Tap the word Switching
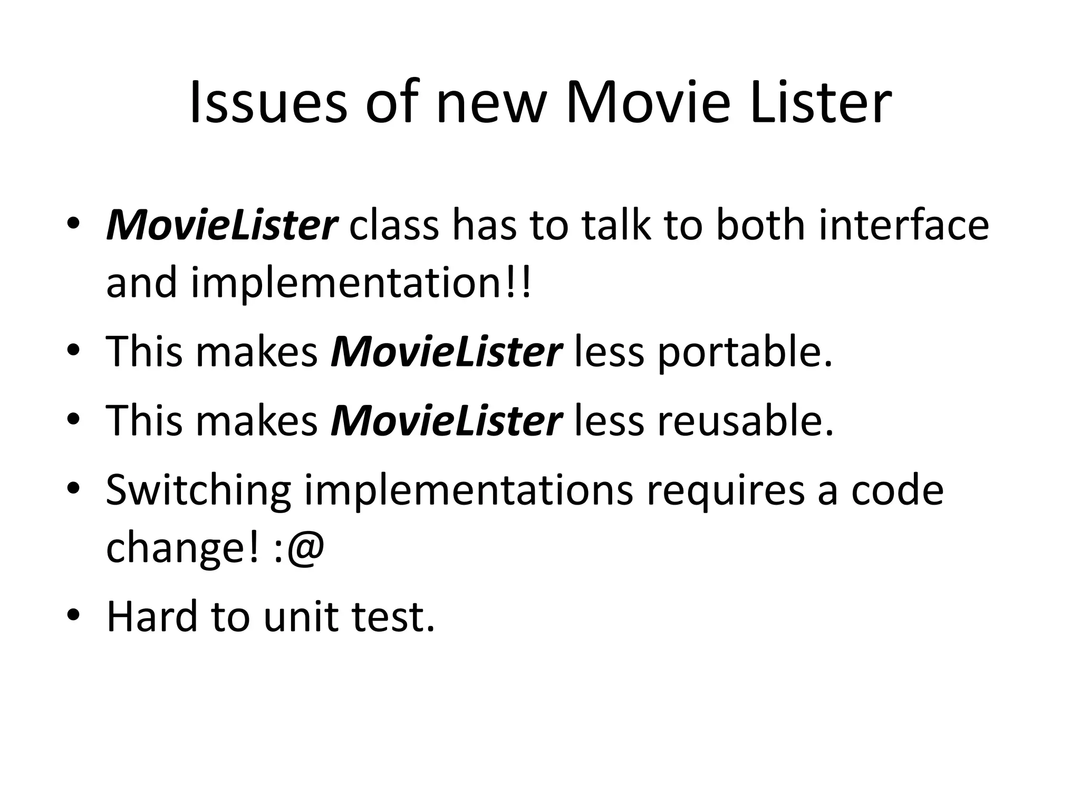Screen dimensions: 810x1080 point(198,491)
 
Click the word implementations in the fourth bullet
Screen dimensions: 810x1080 point(469,491)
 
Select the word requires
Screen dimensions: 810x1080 point(725,491)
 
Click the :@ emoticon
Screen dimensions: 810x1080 point(299,548)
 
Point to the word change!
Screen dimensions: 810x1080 point(183,548)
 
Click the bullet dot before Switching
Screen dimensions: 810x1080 point(73,488)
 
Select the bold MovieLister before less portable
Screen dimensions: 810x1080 point(446,352)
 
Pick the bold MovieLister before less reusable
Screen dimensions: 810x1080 point(446,421)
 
